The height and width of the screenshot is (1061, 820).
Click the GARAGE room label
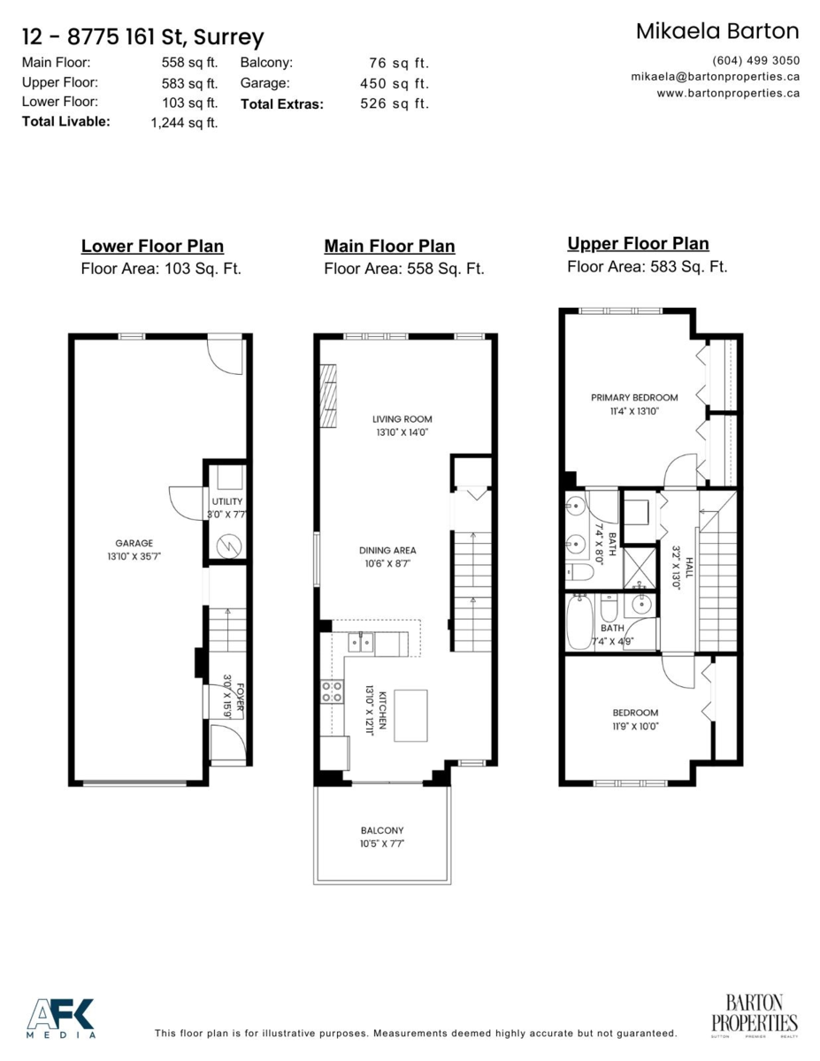(134, 543)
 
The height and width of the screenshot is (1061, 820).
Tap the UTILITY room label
(226, 501)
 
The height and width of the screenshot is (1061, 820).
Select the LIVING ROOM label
(402, 419)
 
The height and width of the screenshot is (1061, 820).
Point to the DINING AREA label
(387, 550)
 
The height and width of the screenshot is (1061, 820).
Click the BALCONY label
(382, 830)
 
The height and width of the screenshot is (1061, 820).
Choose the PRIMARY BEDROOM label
(634, 398)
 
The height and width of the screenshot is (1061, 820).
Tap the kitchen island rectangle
(410, 715)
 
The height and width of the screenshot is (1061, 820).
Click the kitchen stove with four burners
(332, 691)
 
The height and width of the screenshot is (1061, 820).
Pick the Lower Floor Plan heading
(152, 247)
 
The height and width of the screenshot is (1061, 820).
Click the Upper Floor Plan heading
(638, 243)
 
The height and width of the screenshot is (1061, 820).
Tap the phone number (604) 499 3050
(755, 61)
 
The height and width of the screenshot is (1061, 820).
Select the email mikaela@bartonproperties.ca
(715, 77)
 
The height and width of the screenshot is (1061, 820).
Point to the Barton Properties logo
(755, 1014)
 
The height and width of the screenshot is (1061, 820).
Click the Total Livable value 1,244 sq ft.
(184, 123)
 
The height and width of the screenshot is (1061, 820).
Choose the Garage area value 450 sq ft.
(394, 83)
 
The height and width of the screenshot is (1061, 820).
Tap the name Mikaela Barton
(717, 31)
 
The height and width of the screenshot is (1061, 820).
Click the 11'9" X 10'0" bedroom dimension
(635, 726)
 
